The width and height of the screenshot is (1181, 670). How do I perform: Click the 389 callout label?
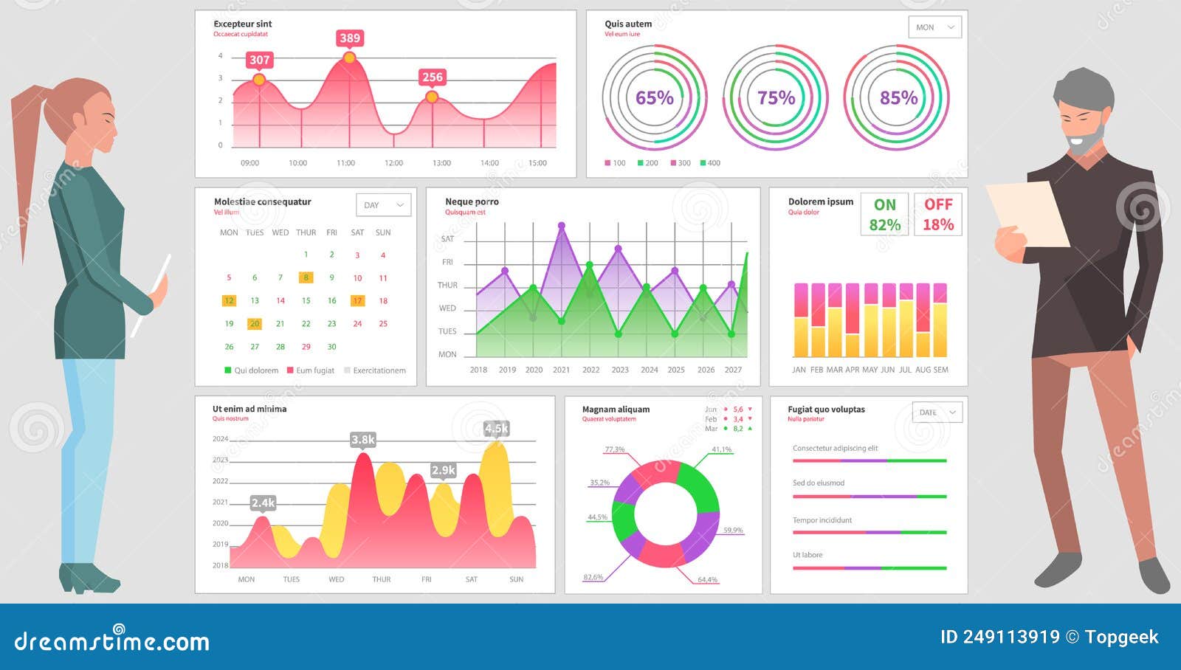click(x=350, y=38)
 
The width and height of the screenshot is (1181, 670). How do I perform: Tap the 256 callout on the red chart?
click(x=432, y=77)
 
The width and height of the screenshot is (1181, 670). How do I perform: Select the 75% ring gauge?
click(x=776, y=98)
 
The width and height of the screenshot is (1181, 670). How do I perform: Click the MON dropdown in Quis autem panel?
click(x=934, y=27)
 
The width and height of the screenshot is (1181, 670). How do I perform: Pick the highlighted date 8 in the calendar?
click(x=306, y=278)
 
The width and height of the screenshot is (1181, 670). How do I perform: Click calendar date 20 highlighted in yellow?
click(x=255, y=324)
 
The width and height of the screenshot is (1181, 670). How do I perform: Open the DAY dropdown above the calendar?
click(x=383, y=205)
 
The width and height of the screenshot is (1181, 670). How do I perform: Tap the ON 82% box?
click(x=884, y=215)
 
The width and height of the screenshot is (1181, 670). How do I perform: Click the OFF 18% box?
click(x=938, y=215)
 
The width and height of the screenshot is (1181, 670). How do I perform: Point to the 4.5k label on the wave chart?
click(x=496, y=429)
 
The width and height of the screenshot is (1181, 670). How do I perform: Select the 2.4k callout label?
click(x=263, y=503)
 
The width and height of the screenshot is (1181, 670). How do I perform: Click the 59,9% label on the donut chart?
click(x=733, y=531)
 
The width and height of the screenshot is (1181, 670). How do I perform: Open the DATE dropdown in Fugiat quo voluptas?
click(x=937, y=412)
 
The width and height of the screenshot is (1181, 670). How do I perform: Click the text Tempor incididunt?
click(x=822, y=520)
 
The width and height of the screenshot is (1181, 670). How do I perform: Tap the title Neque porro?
click(x=472, y=201)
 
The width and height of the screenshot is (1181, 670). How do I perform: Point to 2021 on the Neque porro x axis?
click(x=562, y=370)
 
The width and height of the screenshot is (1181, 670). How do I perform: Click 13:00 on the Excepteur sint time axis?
click(x=441, y=163)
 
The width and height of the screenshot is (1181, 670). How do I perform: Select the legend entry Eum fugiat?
click(x=314, y=370)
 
